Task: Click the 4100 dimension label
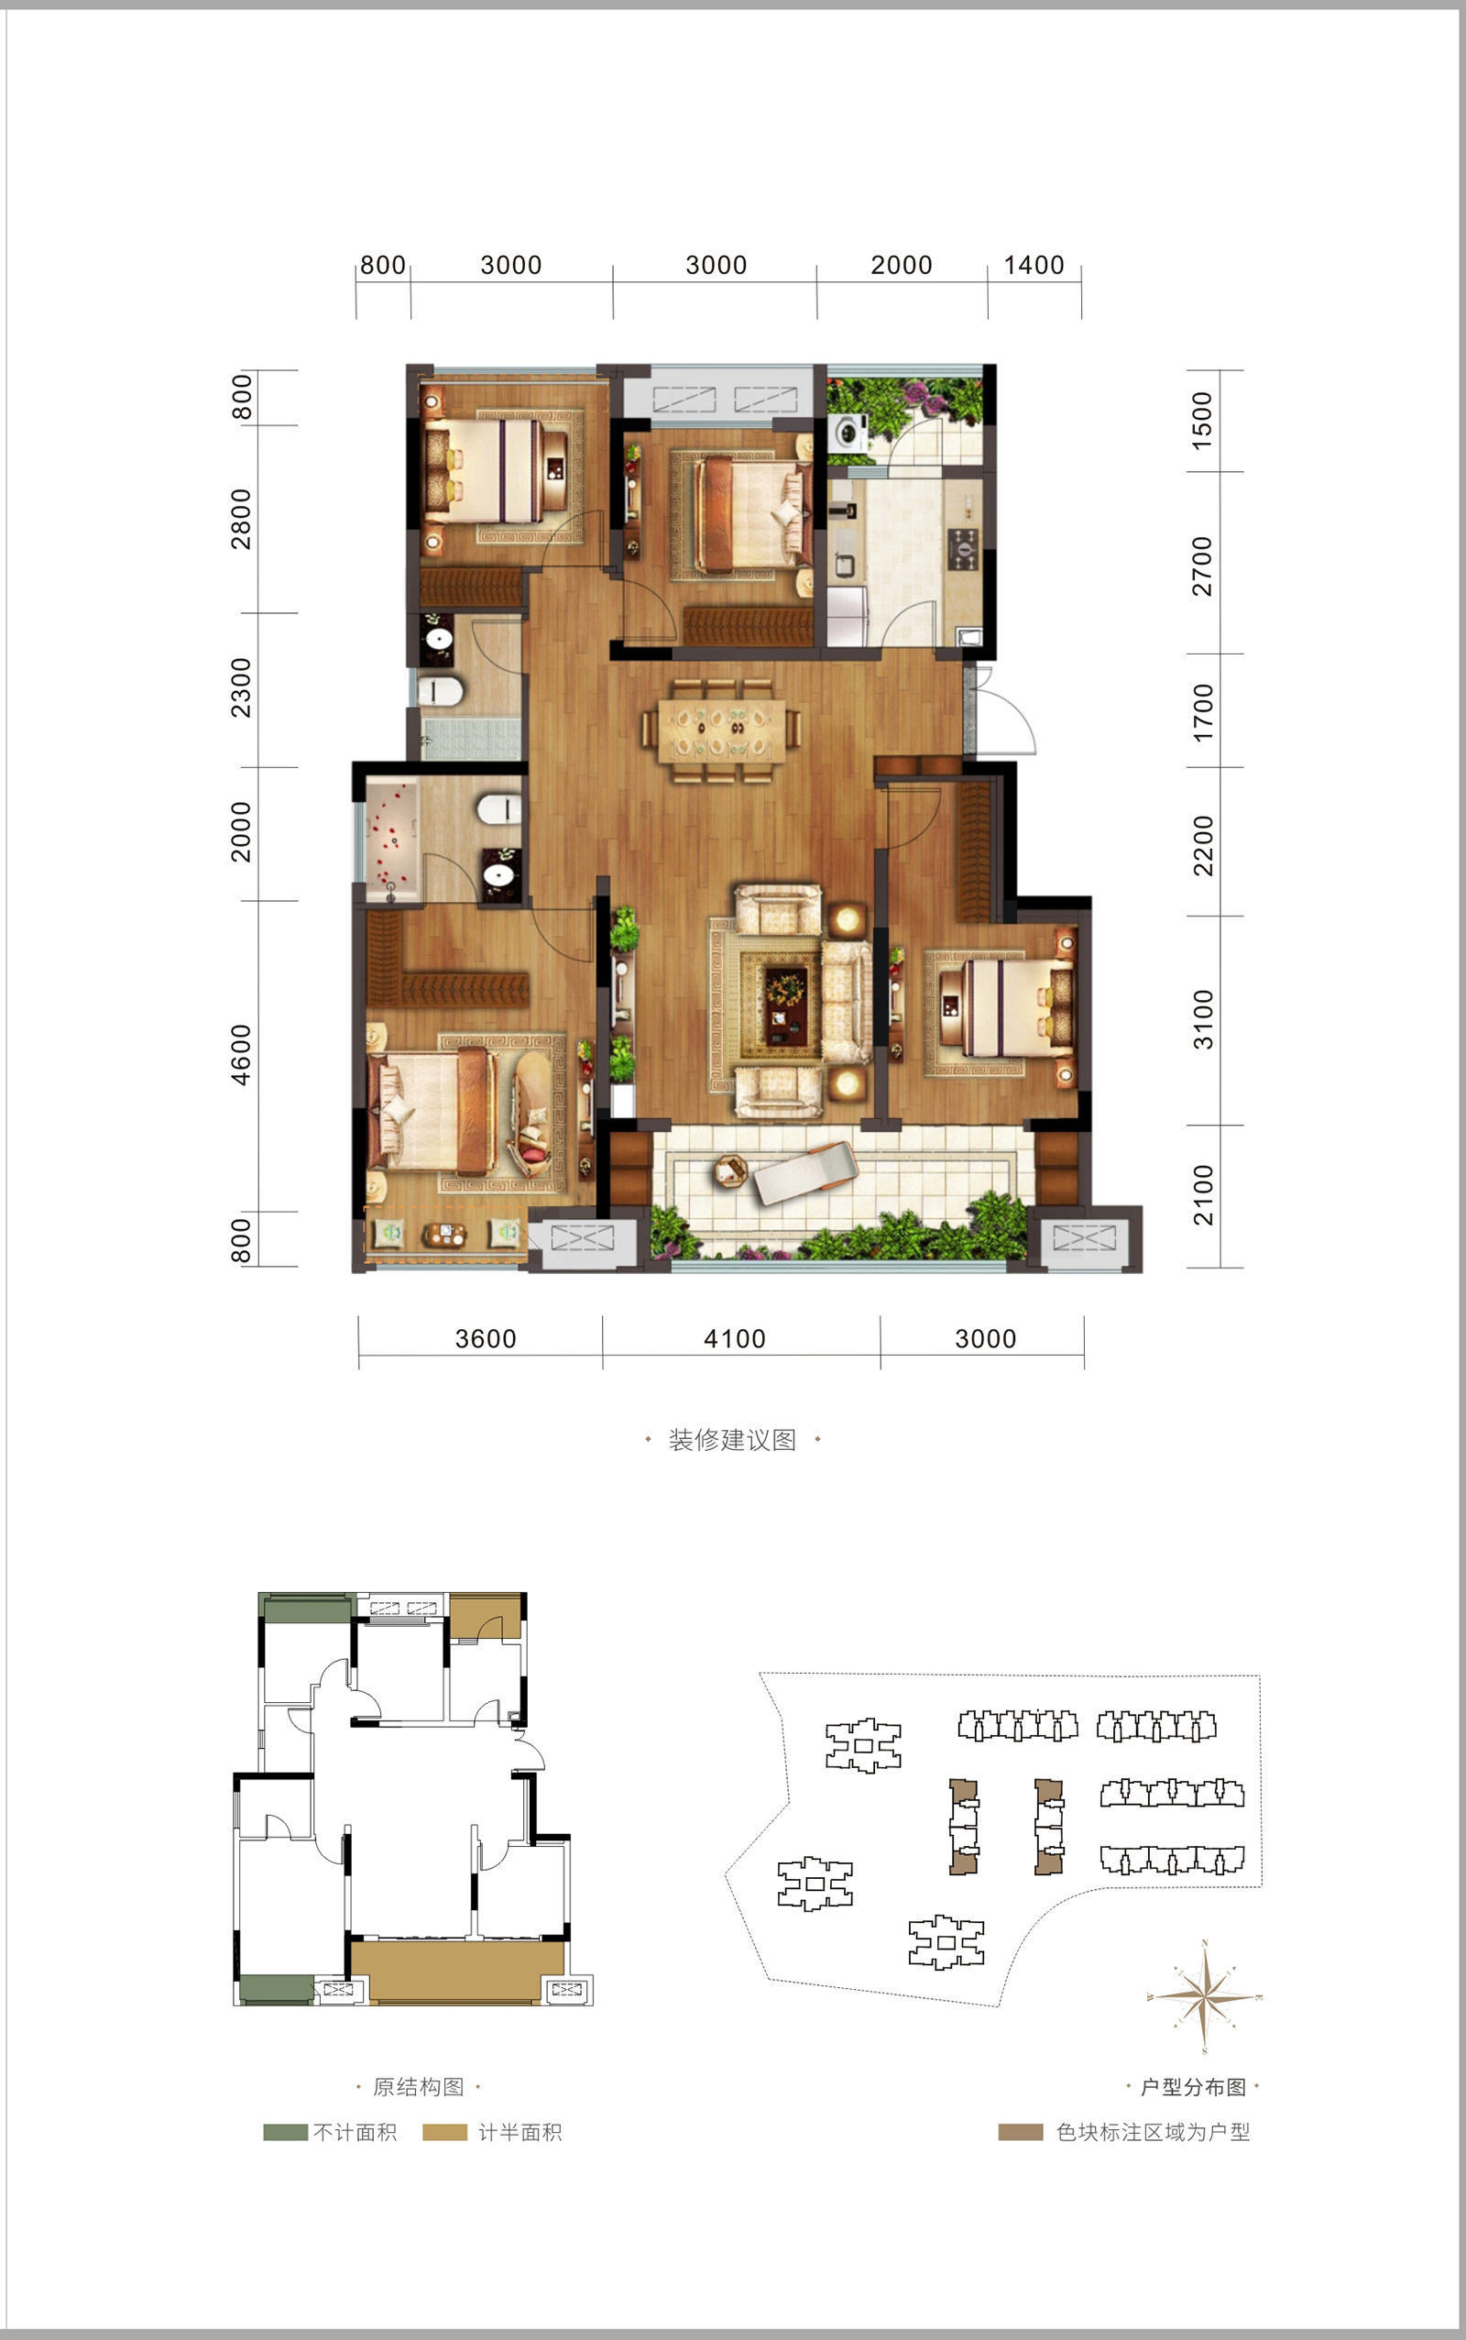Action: tap(734, 1339)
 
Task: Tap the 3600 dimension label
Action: tap(486, 1339)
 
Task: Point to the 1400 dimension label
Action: tap(1034, 265)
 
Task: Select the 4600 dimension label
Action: tap(240, 1054)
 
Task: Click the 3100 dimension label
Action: tap(1202, 1019)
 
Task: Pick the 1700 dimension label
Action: tap(1202, 713)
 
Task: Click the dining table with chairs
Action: tap(721, 730)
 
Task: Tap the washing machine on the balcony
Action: tap(849, 432)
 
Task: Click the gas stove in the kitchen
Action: tap(963, 547)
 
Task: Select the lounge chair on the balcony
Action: tap(804, 1170)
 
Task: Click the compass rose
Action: tap(1204, 1996)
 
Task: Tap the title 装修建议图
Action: tap(733, 1439)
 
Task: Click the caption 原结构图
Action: tap(419, 2086)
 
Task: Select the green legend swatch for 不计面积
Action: tap(285, 2132)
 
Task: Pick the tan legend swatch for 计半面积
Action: tap(445, 2132)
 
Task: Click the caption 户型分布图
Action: tap(1194, 2086)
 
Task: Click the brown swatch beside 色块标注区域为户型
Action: tap(1021, 2132)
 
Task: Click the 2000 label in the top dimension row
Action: tap(901, 265)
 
